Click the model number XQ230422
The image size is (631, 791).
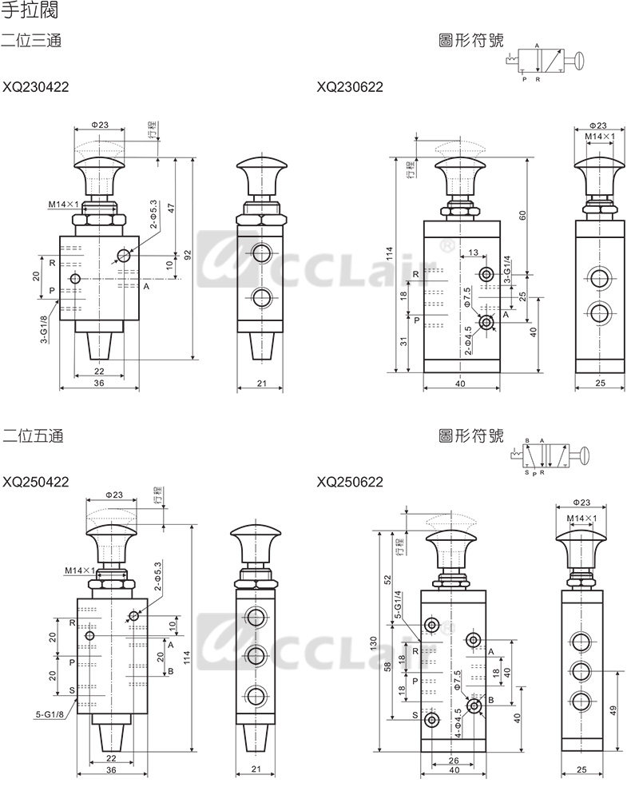35,87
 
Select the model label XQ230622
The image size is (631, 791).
350,87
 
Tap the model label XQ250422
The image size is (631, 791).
35,482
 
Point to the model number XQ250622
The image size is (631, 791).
350,482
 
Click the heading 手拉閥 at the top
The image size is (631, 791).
30,10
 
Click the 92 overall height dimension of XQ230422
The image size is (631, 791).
189,255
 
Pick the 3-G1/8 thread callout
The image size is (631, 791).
45,330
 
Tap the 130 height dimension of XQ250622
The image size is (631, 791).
373,642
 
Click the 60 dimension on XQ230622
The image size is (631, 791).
522,216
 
